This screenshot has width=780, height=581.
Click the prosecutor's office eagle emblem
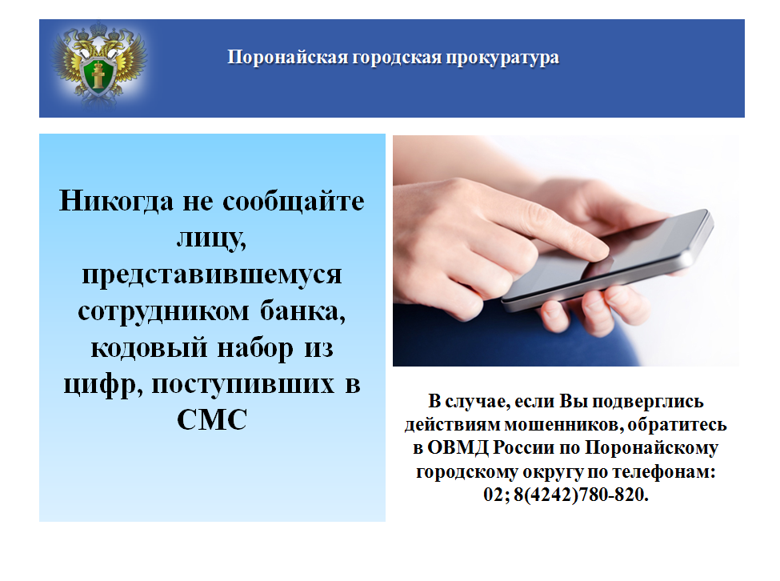tap(99, 63)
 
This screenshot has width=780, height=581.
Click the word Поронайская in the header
tap(287, 57)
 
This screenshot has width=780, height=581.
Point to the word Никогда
tap(117, 201)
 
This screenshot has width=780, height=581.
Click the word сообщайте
tap(294, 202)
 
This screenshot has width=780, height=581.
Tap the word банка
tap(302, 311)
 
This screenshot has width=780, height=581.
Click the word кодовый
tap(149, 347)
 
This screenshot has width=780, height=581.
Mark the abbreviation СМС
tap(212, 419)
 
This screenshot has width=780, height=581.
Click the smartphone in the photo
tap(608, 259)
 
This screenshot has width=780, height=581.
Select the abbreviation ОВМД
tap(458, 447)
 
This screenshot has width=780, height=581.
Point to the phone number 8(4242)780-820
tap(581, 495)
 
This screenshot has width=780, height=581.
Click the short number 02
tap(494, 495)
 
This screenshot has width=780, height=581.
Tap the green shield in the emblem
tap(99, 74)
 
